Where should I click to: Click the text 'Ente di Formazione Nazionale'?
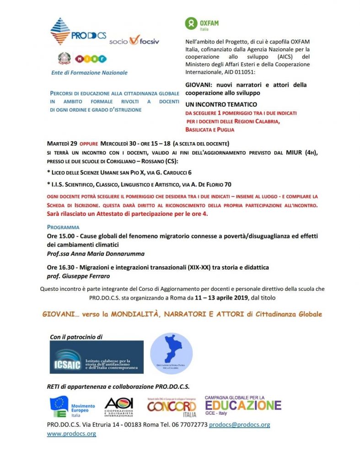pyautogui.click(x=90, y=72)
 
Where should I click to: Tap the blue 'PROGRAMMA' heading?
pyautogui.click(x=63, y=227)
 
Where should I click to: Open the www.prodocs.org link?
pyautogui.click(x=71, y=434)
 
